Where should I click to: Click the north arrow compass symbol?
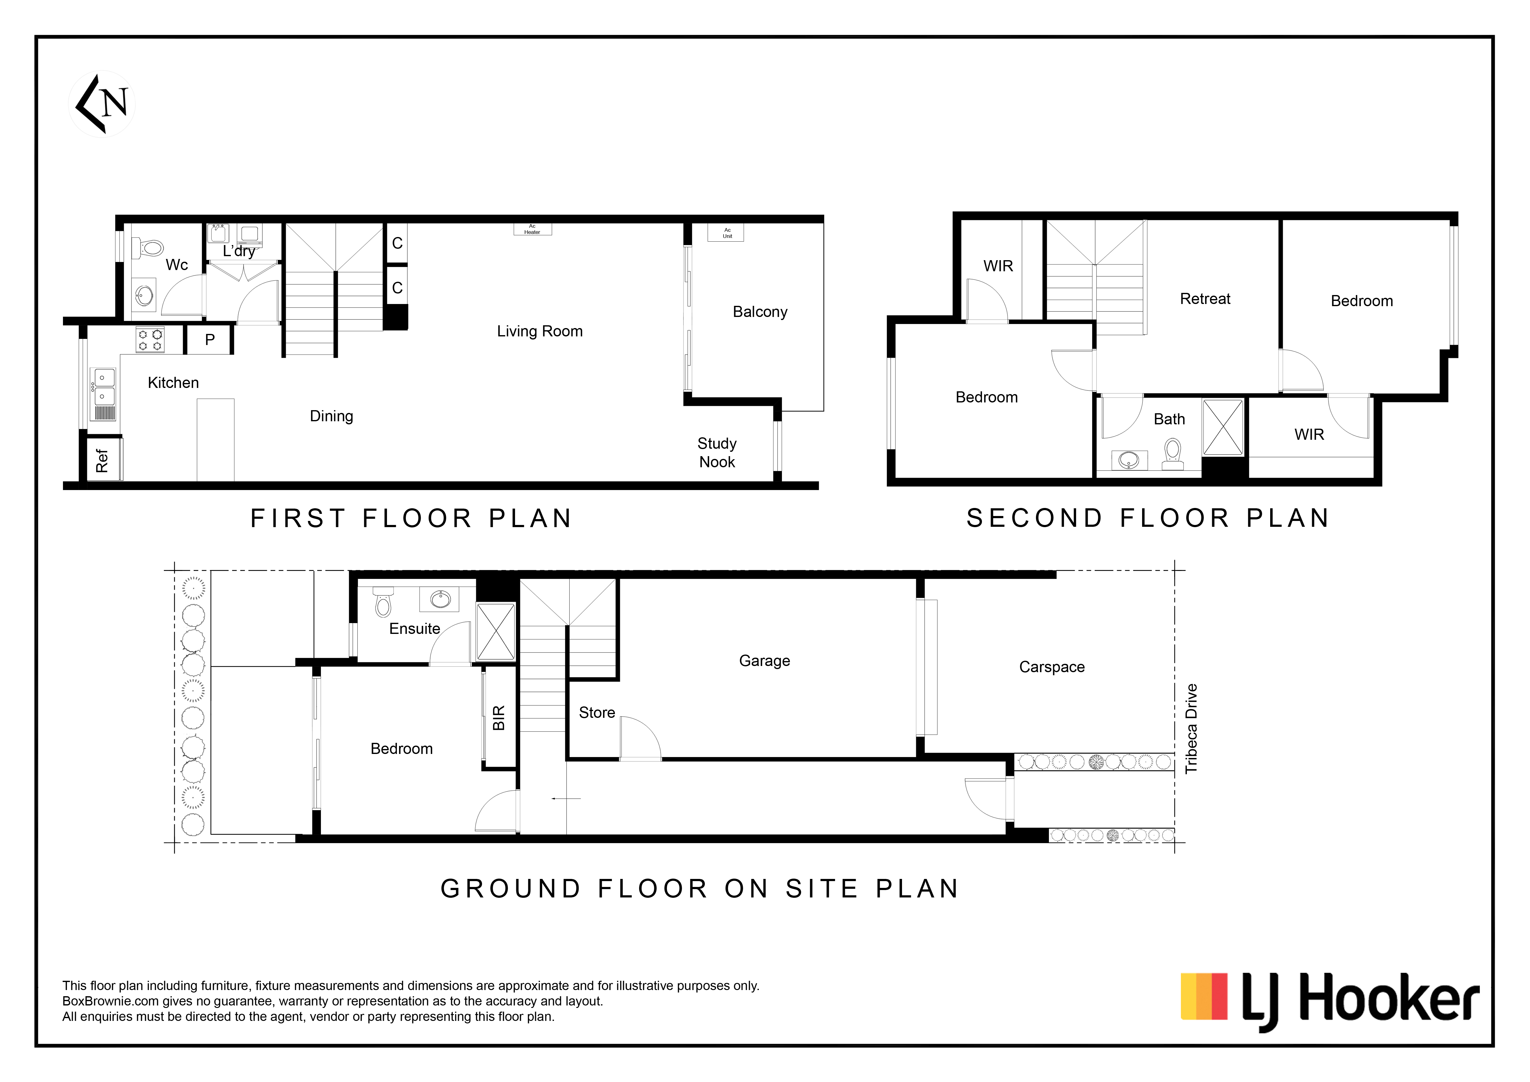[102, 104]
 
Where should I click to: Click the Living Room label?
[540, 331]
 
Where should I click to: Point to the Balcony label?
[760, 312]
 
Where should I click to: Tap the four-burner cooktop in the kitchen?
[150, 340]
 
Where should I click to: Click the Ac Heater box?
[532, 229]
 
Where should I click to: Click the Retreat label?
[1205, 298]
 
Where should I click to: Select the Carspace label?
[1052, 667]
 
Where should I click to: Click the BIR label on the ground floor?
[498, 718]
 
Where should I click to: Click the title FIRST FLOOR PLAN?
[411, 518]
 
